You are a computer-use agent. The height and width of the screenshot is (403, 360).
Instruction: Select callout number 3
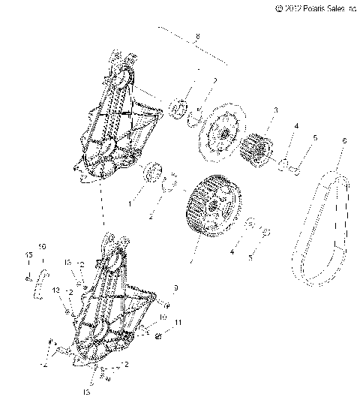click(275, 110)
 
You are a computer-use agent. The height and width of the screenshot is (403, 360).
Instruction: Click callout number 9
click(175, 288)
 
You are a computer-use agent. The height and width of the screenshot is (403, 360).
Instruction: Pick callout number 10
click(163, 317)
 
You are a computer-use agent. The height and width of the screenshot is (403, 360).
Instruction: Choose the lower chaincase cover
click(112, 308)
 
